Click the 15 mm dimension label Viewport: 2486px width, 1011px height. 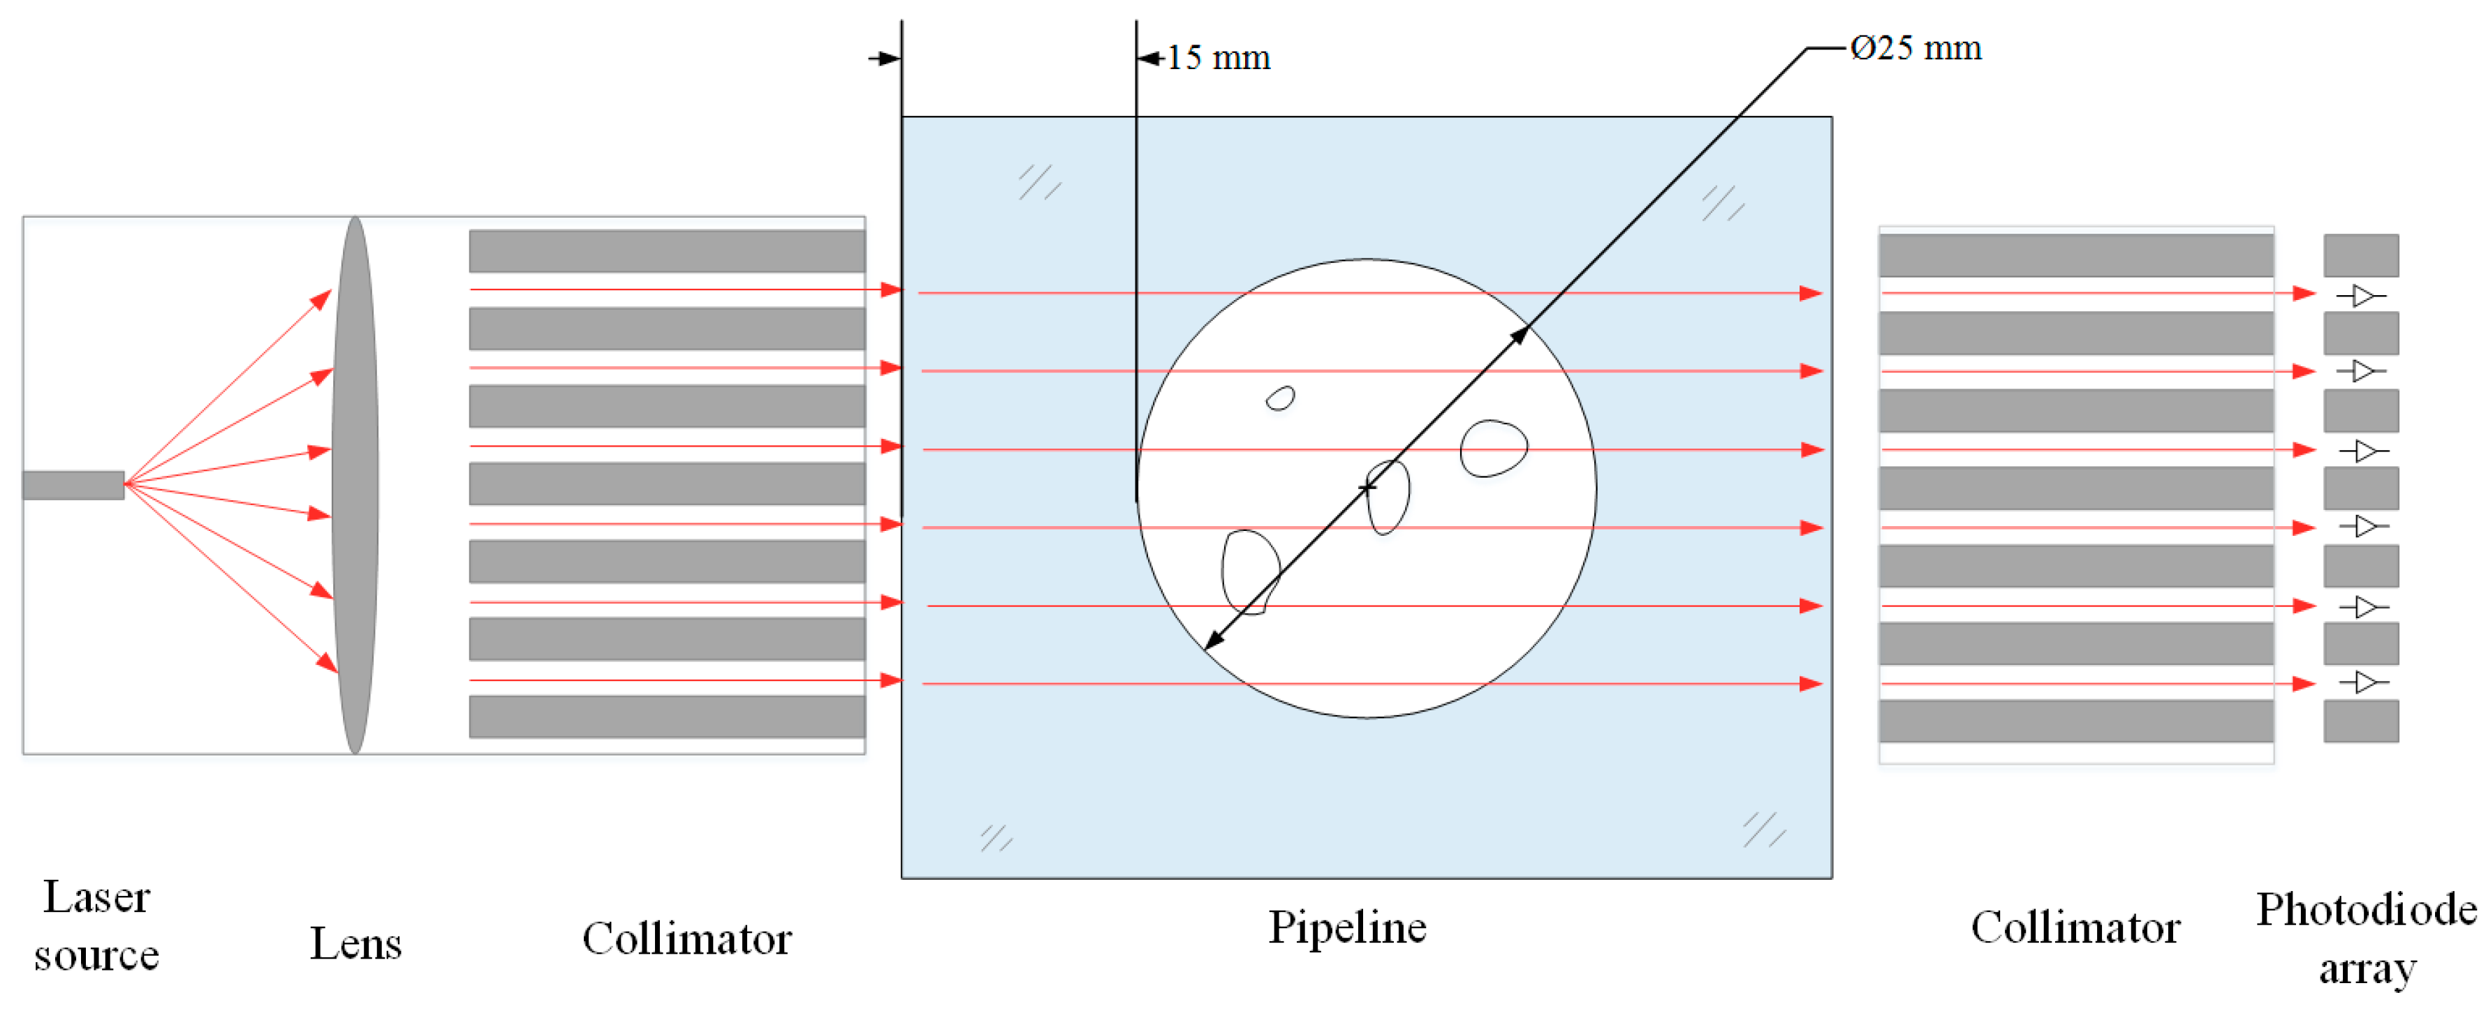tap(1218, 58)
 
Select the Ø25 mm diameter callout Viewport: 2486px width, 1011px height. tap(1915, 48)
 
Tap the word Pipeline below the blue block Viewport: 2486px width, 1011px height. tap(1347, 927)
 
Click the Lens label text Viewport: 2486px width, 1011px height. tap(355, 943)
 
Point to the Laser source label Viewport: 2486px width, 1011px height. tap(96, 926)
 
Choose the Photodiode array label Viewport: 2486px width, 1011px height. tap(2367, 938)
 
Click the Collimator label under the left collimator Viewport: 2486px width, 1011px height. tap(686, 938)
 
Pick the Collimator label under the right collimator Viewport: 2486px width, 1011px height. tap(2075, 927)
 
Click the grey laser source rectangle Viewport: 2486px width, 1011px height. tap(73, 485)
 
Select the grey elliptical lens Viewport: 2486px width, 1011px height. tap(355, 485)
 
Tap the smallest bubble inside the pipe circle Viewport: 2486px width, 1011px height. tap(1281, 398)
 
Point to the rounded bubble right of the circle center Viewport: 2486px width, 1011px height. tap(1493, 449)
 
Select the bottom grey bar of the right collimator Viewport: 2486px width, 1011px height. tap(2076, 721)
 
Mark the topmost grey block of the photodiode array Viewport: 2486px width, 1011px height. tap(2360, 255)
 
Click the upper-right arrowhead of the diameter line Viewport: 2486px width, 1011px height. tap(1519, 335)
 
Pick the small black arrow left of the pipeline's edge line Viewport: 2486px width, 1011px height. tap(884, 59)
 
